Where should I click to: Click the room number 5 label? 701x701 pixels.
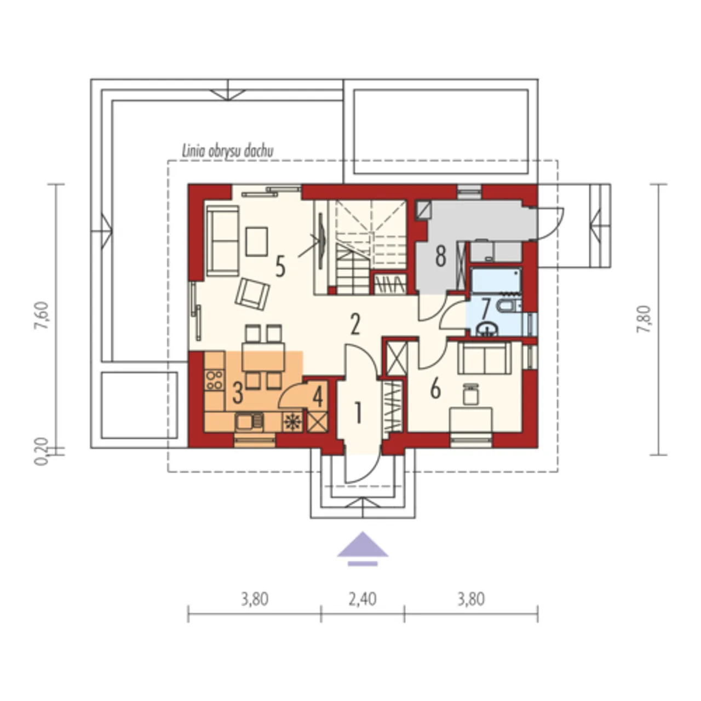280,266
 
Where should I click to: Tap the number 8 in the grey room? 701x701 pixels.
440,256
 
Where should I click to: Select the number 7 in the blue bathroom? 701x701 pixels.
485,308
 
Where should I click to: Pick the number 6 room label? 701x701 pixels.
435,389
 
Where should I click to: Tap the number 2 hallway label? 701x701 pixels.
355,325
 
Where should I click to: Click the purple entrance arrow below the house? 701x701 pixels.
363,548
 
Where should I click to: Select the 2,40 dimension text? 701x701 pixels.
363,599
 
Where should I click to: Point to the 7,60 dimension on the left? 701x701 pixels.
43,315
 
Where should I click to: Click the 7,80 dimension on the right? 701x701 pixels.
643,319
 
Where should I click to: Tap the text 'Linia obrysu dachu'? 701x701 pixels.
228,151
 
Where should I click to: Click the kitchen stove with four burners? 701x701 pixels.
214,380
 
